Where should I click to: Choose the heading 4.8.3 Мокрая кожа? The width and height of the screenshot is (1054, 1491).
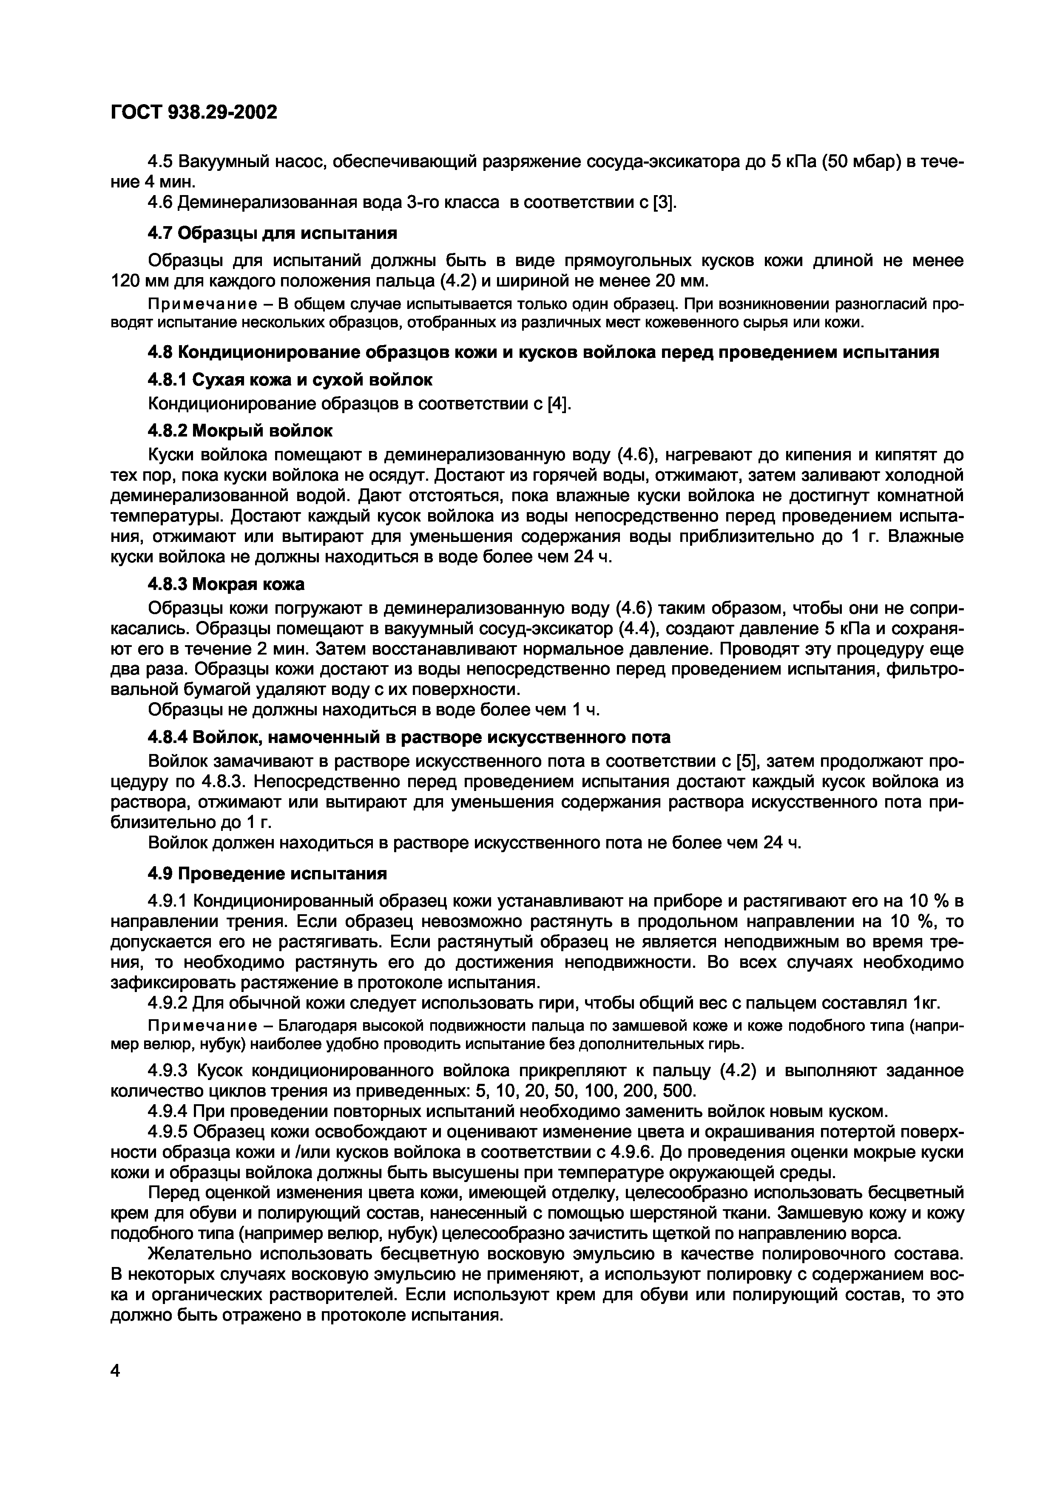[227, 584]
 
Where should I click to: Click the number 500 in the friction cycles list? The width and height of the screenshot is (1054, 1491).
[679, 1090]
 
